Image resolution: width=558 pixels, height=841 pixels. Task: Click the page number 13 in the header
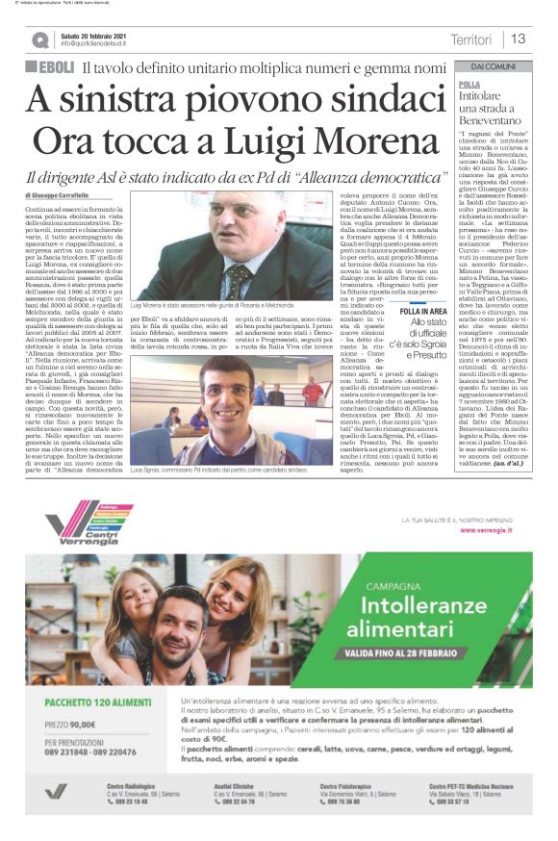[x=518, y=39]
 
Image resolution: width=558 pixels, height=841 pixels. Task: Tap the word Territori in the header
[x=470, y=39]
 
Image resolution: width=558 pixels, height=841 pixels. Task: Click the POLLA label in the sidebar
[x=469, y=85]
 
